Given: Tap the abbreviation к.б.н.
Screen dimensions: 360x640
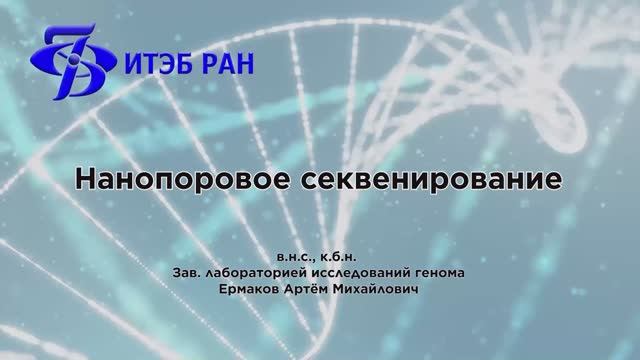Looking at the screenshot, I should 337,254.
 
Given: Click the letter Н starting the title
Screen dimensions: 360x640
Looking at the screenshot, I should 86,181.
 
